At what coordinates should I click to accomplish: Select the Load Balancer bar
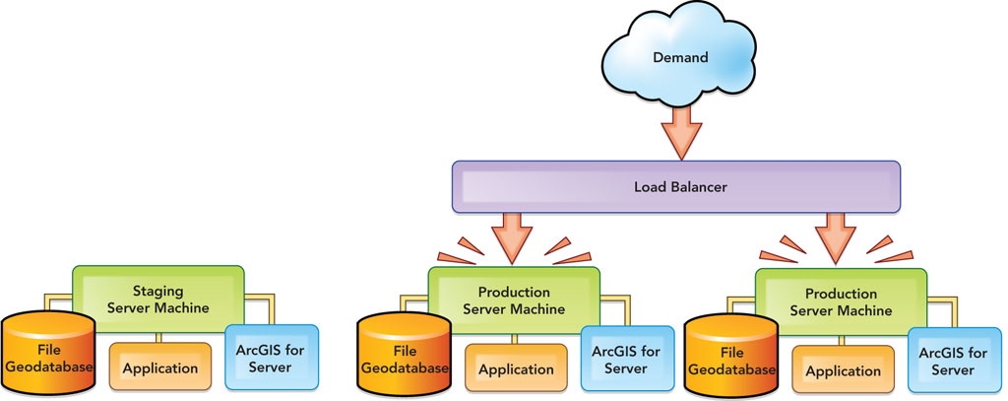(x=678, y=186)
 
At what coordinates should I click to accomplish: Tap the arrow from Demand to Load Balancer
(x=679, y=132)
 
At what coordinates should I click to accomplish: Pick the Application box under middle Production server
(x=516, y=369)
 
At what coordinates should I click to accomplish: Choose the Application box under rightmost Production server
(x=843, y=371)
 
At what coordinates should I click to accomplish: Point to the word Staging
(x=158, y=291)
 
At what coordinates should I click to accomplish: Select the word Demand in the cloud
(x=680, y=57)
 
